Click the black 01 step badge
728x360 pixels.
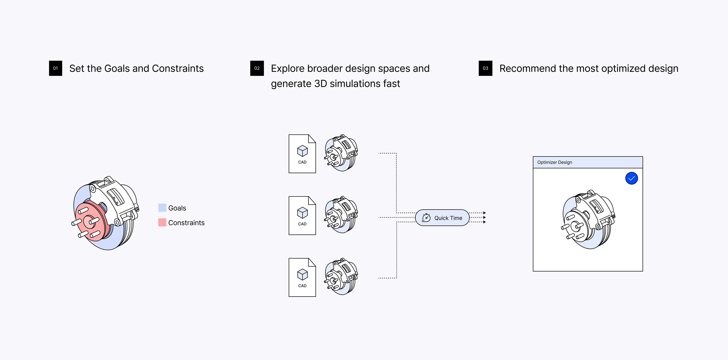55,68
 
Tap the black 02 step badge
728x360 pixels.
257,68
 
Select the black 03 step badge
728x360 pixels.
485,68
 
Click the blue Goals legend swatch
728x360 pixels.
162,208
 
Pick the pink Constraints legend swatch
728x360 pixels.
162,222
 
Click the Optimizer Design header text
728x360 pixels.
555,162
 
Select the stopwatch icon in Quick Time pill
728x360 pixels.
426,218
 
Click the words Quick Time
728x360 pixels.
448,218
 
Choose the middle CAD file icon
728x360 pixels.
302,215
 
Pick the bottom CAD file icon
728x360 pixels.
302,277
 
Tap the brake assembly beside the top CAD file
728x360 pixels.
341,153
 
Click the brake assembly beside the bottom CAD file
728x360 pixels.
341,276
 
